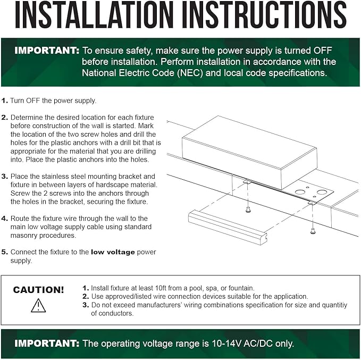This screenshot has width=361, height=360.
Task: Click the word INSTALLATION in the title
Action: pos(94,15)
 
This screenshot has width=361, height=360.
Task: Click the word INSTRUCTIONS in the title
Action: pos(264,15)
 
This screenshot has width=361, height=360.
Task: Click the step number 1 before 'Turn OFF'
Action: pos(4,101)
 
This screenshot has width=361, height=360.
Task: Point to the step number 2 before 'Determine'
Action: pos(4,118)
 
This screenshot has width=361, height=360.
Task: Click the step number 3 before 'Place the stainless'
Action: pos(4,177)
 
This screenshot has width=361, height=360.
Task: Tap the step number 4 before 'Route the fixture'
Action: pos(4,219)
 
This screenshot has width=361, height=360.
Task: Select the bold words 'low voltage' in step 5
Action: pos(113,252)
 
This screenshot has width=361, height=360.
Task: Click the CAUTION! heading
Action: pos(38,290)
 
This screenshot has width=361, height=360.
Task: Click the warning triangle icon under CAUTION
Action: pos(38,305)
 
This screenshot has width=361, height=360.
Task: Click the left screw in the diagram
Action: pos(248,210)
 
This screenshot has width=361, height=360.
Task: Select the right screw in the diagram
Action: pos(313,231)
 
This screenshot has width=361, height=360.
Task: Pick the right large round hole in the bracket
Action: pos(321,192)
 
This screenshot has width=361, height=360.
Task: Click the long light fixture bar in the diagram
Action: pos(228,228)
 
